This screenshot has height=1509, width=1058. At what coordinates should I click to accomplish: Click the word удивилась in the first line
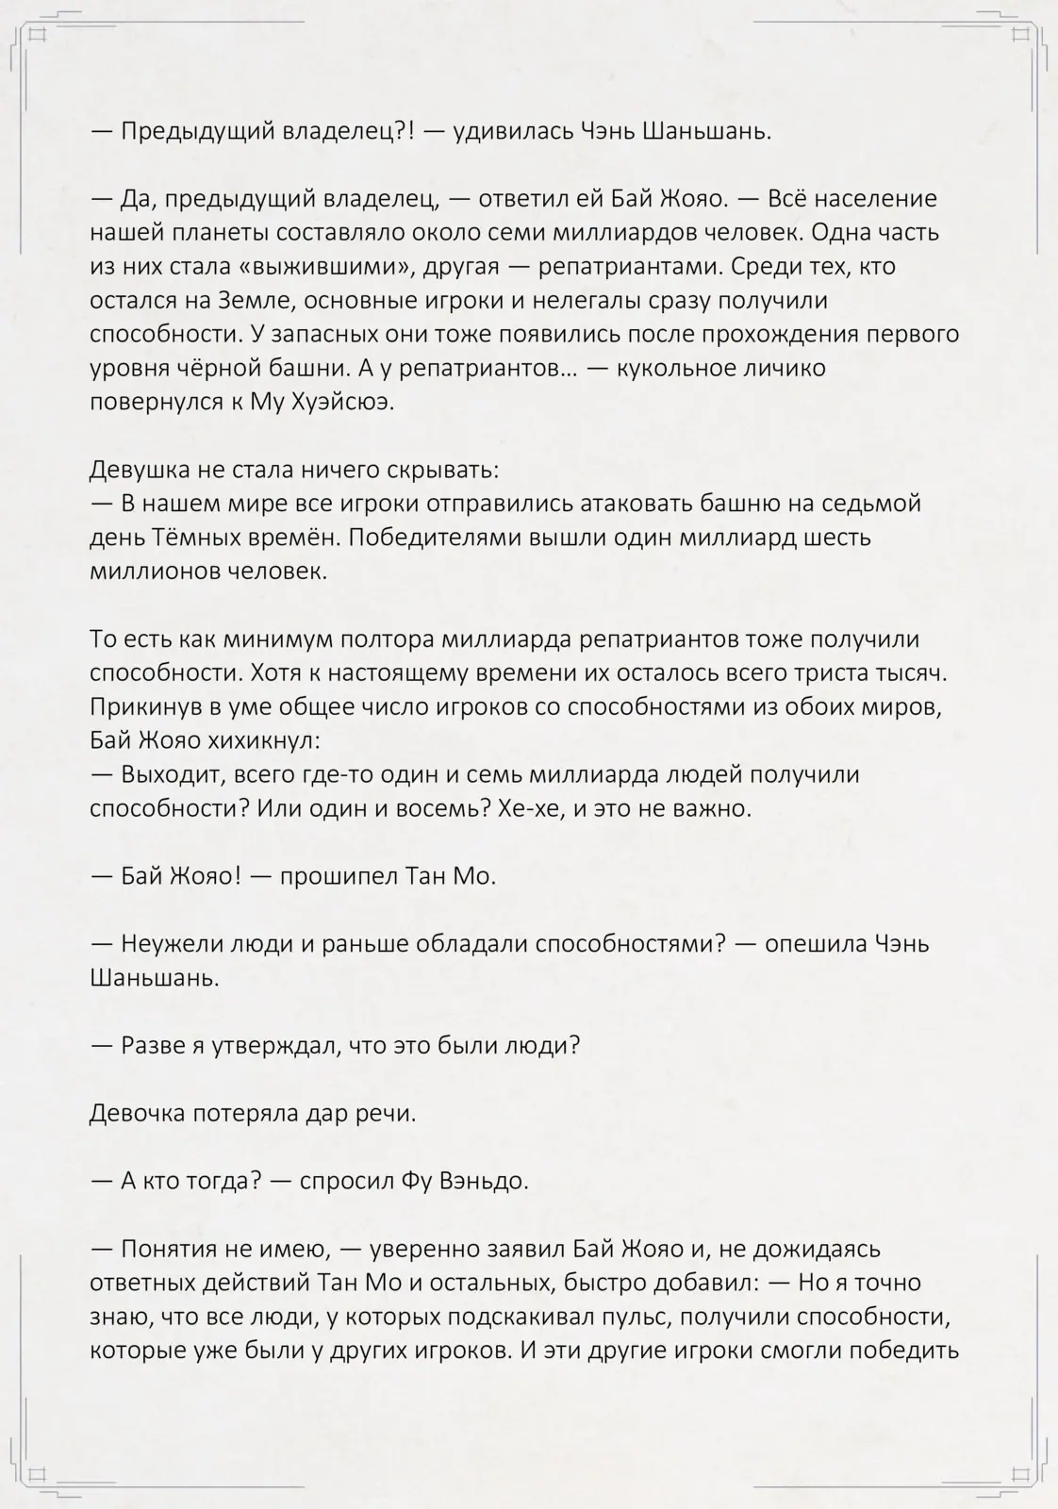tap(507, 131)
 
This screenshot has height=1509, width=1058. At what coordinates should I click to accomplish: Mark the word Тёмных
tap(194, 538)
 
